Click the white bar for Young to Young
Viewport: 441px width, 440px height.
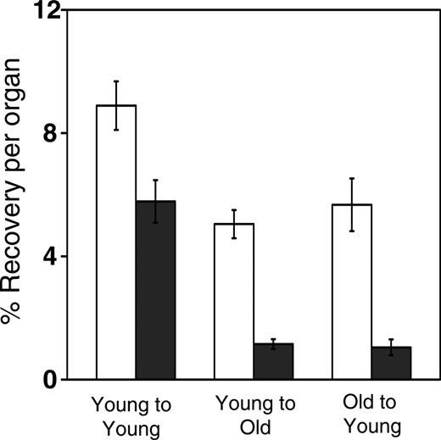click(x=116, y=246)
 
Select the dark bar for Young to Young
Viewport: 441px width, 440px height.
click(x=155, y=292)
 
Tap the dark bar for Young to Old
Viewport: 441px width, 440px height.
click(x=273, y=362)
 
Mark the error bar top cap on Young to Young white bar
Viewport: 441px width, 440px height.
click(x=116, y=81)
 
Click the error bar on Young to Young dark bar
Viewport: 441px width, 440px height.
click(x=155, y=201)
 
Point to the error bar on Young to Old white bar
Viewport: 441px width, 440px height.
click(x=233, y=224)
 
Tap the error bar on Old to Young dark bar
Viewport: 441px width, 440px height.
click(x=391, y=347)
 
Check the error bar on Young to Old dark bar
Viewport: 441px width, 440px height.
click(x=273, y=343)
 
